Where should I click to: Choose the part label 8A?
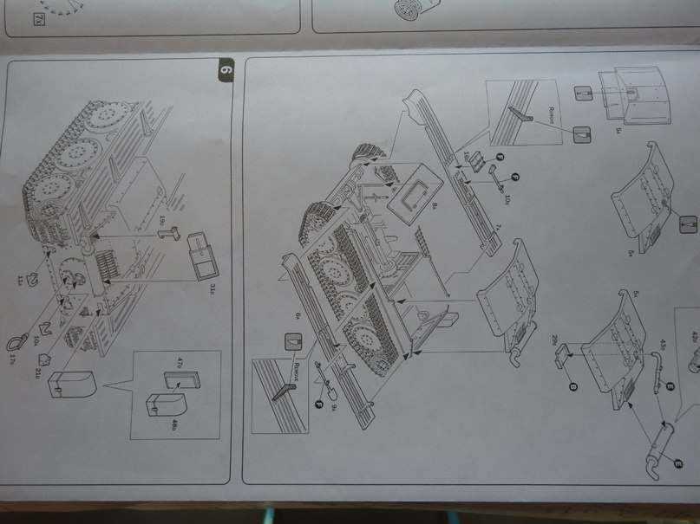point(432,206)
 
